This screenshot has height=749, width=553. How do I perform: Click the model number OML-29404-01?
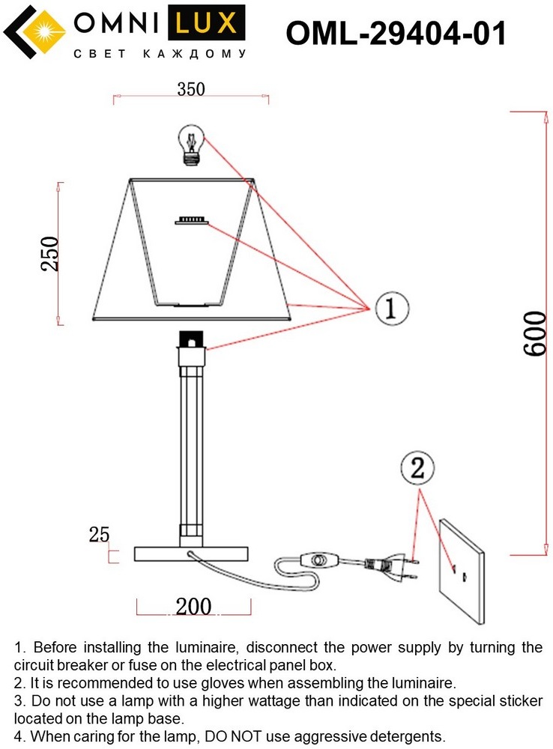396,34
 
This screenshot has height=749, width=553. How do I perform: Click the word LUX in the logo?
207,23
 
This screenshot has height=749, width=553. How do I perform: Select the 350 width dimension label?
191,89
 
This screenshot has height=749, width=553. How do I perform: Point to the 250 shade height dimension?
49,254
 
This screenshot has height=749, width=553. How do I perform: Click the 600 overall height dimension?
534,333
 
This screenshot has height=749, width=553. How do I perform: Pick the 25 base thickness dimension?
99,534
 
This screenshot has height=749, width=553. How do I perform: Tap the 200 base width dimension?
193,606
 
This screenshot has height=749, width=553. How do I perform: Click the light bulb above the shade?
192,145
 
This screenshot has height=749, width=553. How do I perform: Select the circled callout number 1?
392,309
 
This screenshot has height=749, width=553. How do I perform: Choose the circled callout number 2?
417,468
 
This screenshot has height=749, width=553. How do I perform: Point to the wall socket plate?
462,571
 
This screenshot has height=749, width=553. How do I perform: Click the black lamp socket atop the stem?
192,339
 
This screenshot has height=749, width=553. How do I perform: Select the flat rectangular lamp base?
191,554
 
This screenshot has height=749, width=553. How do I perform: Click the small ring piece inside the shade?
192,220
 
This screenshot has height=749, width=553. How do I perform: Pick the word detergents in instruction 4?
405,736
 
